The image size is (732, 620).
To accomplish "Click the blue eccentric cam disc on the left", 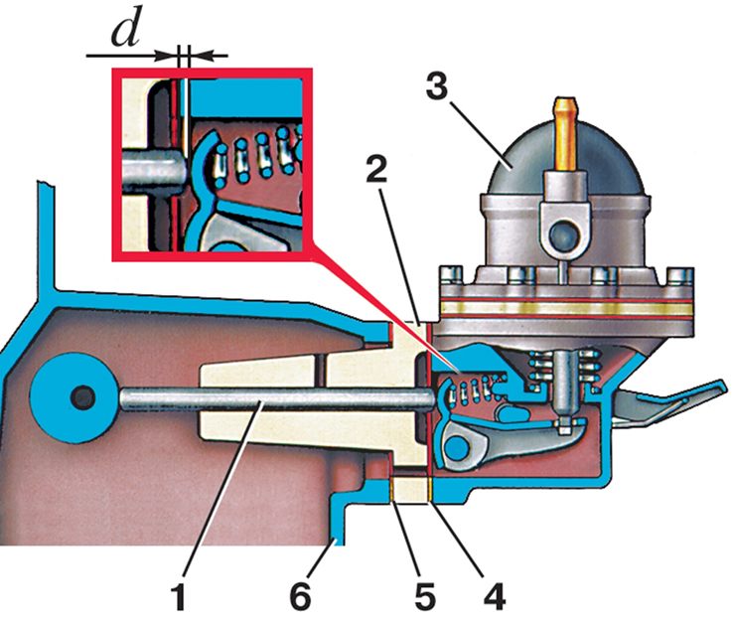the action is [x=73, y=397].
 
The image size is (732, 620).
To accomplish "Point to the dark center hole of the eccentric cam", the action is [x=82, y=397].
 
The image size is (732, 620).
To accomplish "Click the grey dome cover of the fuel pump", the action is [x=566, y=159].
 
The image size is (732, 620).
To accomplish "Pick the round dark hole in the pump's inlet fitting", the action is [x=564, y=233].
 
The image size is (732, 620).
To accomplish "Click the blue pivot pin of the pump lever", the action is [x=457, y=448].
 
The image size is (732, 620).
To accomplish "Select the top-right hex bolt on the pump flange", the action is [x=679, y=276].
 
